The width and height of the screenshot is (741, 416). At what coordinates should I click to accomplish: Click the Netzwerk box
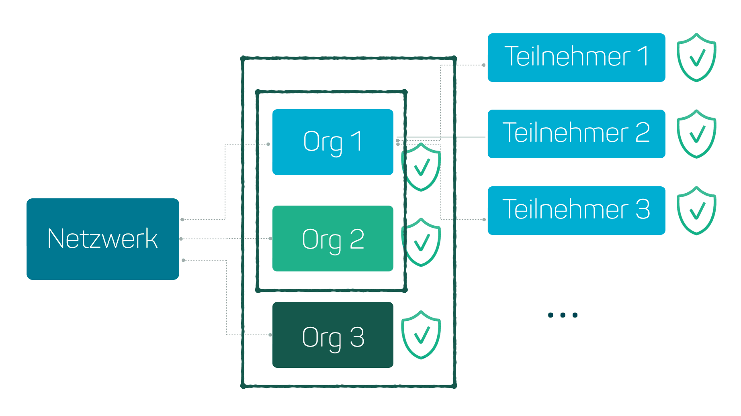[x=103, y=239]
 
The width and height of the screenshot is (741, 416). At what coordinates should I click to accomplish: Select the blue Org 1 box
[x=333, y=142]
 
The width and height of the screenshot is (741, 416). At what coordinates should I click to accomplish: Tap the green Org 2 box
[x=333, y=239]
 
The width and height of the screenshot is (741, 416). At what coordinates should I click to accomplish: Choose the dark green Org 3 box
[x=333, y=335]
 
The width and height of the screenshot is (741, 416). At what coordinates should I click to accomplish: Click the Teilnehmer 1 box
[x=576, y=57]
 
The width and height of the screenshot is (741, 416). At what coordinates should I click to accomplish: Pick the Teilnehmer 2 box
[x=576, y=134]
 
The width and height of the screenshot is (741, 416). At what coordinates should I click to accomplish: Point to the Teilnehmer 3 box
[x=576, y=210]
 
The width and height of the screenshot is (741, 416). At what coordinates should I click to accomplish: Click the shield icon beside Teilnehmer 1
[x=696, y=57]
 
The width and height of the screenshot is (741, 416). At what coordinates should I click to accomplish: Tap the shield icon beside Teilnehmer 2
[x=696, y=134]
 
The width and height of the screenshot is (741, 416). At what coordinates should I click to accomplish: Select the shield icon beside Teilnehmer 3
[x=696, y=210]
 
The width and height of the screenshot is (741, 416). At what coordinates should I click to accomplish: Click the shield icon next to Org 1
[x=421, y=167]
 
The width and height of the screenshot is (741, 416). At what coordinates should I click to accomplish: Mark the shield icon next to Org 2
[x=421, y=242]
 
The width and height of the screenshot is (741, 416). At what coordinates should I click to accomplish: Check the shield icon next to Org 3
[x=421, y=334]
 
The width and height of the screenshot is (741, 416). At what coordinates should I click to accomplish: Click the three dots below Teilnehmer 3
[x=563, y=315]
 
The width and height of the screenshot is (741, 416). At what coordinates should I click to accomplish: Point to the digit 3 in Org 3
[x=357, y=337]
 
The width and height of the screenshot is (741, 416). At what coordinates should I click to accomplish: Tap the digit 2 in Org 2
[x=357, y=239]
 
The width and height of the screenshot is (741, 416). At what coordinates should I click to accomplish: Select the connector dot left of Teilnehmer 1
[x=483, y=65]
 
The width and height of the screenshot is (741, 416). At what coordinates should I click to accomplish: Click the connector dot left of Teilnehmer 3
[x=484, y=220]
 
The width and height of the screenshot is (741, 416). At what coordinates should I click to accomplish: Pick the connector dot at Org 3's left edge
[x=270, y=334]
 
